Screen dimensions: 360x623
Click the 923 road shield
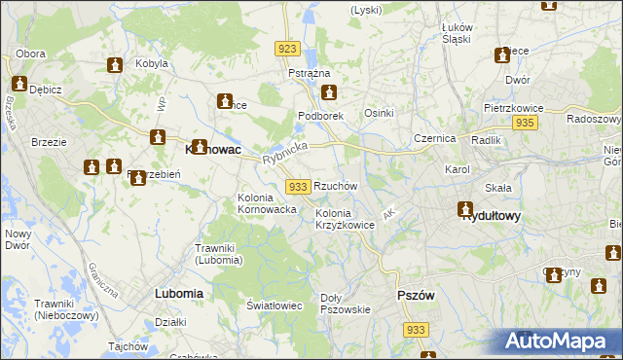pyautogui.click(x=286, y=49)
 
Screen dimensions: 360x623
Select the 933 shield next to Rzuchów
pyautogui.click(x=298, y=186)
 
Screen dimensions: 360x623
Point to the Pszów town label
pyautogui.click(x=415, y=295)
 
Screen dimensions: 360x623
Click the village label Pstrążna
pyautogui.click(x=310, y=74)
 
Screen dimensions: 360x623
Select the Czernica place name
pyautogui.click(x=434, y=138)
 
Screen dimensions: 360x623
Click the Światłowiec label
pyautogui.click(x=274, y=306)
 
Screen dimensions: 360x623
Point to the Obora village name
pyautogui.click(x=30, y=53)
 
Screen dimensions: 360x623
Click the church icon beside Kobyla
pyautogui.click(x=114, y=65)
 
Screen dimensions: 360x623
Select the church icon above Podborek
pyautogui.click(x=329, y=93)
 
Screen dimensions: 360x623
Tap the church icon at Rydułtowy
pyautogui.click(x=465, y=209)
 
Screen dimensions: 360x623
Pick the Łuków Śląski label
pyautogui.click(x=457, y=33)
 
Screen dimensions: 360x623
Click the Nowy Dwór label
pyautogui.click(x=18, y=240)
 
